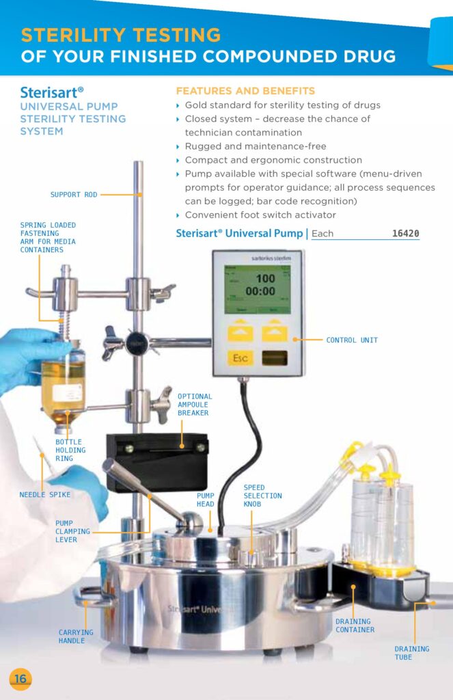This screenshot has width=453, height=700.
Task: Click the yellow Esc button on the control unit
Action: (241, 358)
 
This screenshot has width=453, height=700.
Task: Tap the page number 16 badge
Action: (20, 679)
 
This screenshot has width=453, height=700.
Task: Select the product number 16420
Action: (405, 233)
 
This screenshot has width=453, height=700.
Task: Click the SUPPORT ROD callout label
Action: (74, 195)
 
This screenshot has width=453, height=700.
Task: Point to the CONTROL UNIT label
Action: (352, 340)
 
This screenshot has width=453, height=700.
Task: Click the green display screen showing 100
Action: (258, 289)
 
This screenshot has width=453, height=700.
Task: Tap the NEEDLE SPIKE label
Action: (44, 495)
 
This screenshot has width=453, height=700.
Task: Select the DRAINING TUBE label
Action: (411, 653)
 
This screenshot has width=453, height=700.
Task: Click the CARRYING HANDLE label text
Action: (76, 636)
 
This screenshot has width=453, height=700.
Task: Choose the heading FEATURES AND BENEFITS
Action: (245, 91)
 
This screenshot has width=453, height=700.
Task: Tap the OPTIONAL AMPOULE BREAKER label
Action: (195, 405)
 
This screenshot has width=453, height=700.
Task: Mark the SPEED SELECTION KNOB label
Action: (262, 496)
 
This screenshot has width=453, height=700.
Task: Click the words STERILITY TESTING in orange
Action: (121, 35)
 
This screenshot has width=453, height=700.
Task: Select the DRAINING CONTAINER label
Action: (355, 625)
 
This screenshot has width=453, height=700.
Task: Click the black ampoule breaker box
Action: (157, 461)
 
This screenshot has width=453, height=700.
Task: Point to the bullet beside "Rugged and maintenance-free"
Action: (178, 147)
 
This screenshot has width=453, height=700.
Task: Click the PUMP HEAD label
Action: (205, 500)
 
